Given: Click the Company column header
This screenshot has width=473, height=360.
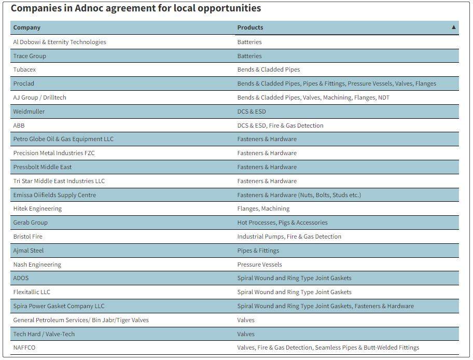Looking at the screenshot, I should pos(27,27).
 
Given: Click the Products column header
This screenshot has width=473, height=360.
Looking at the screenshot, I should pos(250,27).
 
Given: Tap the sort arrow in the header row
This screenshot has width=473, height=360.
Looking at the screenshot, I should pos(454,27).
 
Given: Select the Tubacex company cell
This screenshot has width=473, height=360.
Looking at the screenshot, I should pos(24,70).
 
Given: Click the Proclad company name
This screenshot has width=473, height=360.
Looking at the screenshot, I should pos(23,84).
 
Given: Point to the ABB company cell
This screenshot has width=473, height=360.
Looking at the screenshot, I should pos(19,126).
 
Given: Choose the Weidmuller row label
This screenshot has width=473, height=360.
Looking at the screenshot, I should pos(29,112).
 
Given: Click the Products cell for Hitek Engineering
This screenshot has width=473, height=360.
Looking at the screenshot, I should pos(263,209).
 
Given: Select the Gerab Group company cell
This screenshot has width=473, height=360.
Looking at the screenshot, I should pos(30,223).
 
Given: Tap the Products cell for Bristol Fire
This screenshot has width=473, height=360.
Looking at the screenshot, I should pos(289,237).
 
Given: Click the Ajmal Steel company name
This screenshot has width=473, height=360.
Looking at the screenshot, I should pos(29,251).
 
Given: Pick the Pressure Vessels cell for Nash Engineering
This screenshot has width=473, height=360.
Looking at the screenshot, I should pos(260,265).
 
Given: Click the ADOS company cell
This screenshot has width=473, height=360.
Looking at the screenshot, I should pos(21,278).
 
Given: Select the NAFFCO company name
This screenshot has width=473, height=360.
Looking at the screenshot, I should pos(24,348).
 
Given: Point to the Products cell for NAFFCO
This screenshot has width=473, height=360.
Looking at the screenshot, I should pos(328,348).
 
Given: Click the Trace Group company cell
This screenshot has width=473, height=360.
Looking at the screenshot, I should pos(30,56).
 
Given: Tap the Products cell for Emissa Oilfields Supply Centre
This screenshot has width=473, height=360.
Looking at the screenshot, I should pos(299,195).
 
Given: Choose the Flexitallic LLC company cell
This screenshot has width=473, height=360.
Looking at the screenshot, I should pos(32,292).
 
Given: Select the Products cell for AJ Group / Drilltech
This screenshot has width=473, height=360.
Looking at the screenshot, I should pos(313,98).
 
